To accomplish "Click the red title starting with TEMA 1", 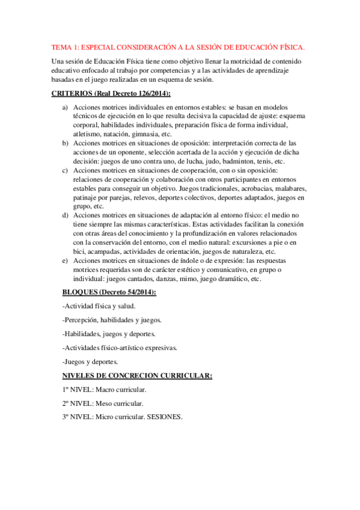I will point(177,47).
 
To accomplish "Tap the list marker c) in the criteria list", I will point(66,171).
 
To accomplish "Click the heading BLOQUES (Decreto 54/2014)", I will point(109,292).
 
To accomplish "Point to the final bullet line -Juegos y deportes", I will point(90,361).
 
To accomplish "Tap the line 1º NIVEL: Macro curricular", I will point(104,389).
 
